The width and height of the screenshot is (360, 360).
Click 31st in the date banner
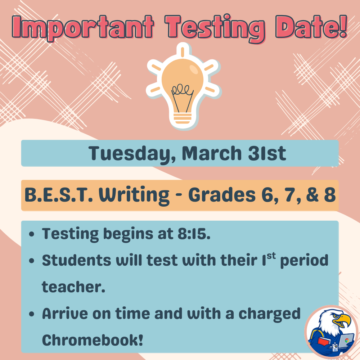tap(266, 153)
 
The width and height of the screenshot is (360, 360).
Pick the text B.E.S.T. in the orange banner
tap(58, 195)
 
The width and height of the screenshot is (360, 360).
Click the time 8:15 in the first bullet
tap(194, 234)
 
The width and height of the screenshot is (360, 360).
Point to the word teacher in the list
tap(73, 287)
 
